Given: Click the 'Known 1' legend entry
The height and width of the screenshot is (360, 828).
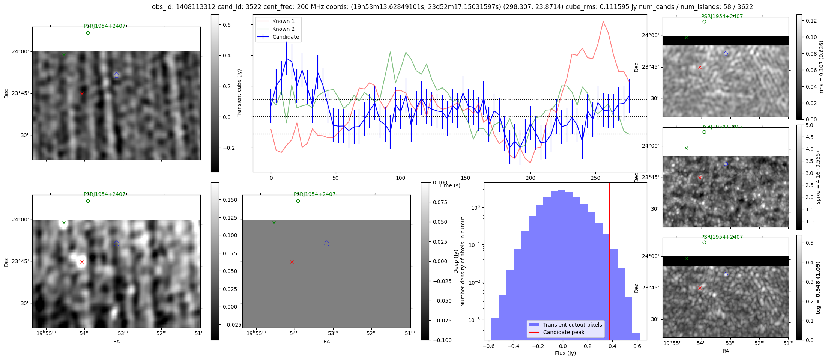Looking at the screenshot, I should pyautogui.click(x=283, y=21).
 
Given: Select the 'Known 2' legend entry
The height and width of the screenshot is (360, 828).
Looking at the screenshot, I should pyautogui.click(x=283, y=29).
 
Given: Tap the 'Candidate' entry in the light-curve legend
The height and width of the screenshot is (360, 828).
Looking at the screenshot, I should pyautogui.click(x=286, y=37).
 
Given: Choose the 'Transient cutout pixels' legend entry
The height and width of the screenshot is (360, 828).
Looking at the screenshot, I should pyautogui.click(x=573, y=325).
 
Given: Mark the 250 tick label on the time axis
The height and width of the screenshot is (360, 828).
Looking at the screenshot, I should pyautogui.click(x=595, y=178).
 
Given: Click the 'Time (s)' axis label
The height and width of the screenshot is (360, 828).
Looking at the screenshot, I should pyautogui.click(x=450, y=185).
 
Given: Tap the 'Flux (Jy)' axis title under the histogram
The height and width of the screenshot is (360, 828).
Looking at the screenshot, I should pyautogui.click(x=565, y=353).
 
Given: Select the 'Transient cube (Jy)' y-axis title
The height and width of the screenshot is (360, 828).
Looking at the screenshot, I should pyautogui.click(x=239, y=93).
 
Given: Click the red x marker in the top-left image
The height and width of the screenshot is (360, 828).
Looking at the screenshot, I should pyautogui.click(x=82, y=93).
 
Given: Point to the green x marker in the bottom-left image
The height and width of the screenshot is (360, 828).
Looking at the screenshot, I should pyautogui.click(x=64, y=223).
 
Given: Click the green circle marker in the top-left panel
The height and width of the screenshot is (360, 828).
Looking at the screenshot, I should pyautogui.click(x=88, y=33).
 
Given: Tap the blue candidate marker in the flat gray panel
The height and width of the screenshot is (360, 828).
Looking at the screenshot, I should pyautogui.click(x=326, y=244).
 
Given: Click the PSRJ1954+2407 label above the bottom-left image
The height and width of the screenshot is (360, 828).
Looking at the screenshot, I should pyautogui.click(x=105, y=194).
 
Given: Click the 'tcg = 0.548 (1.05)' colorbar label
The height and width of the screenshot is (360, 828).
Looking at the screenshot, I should pyautogui.click(x=818, y=288).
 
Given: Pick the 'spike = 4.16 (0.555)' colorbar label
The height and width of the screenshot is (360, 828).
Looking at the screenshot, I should pyautogui.click(x=818, y=177).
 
